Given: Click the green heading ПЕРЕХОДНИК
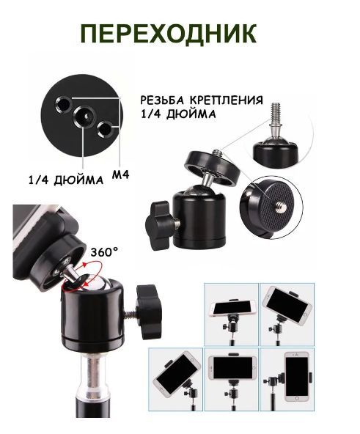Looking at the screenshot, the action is point(169,34).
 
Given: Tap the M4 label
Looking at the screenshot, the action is point(121,174).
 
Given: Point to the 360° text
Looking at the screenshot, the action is point(104,252).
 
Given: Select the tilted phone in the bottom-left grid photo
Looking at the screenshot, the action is point(177,374).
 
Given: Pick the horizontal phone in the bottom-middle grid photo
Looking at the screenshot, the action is point(232,368).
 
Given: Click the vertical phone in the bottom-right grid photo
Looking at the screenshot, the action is point(297,376).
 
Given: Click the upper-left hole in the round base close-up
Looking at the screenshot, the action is point(64,105).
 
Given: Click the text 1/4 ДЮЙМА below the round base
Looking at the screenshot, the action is point(66,180).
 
